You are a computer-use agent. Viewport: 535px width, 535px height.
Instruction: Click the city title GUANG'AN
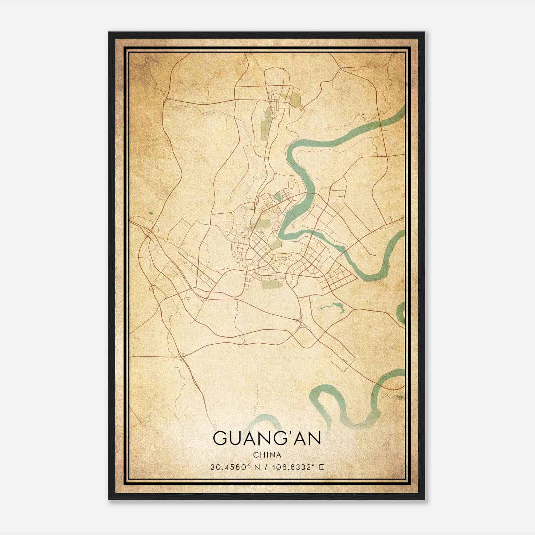267,438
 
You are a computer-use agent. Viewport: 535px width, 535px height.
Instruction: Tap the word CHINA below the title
267,455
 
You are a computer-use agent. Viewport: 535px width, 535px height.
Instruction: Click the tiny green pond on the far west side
150,213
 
